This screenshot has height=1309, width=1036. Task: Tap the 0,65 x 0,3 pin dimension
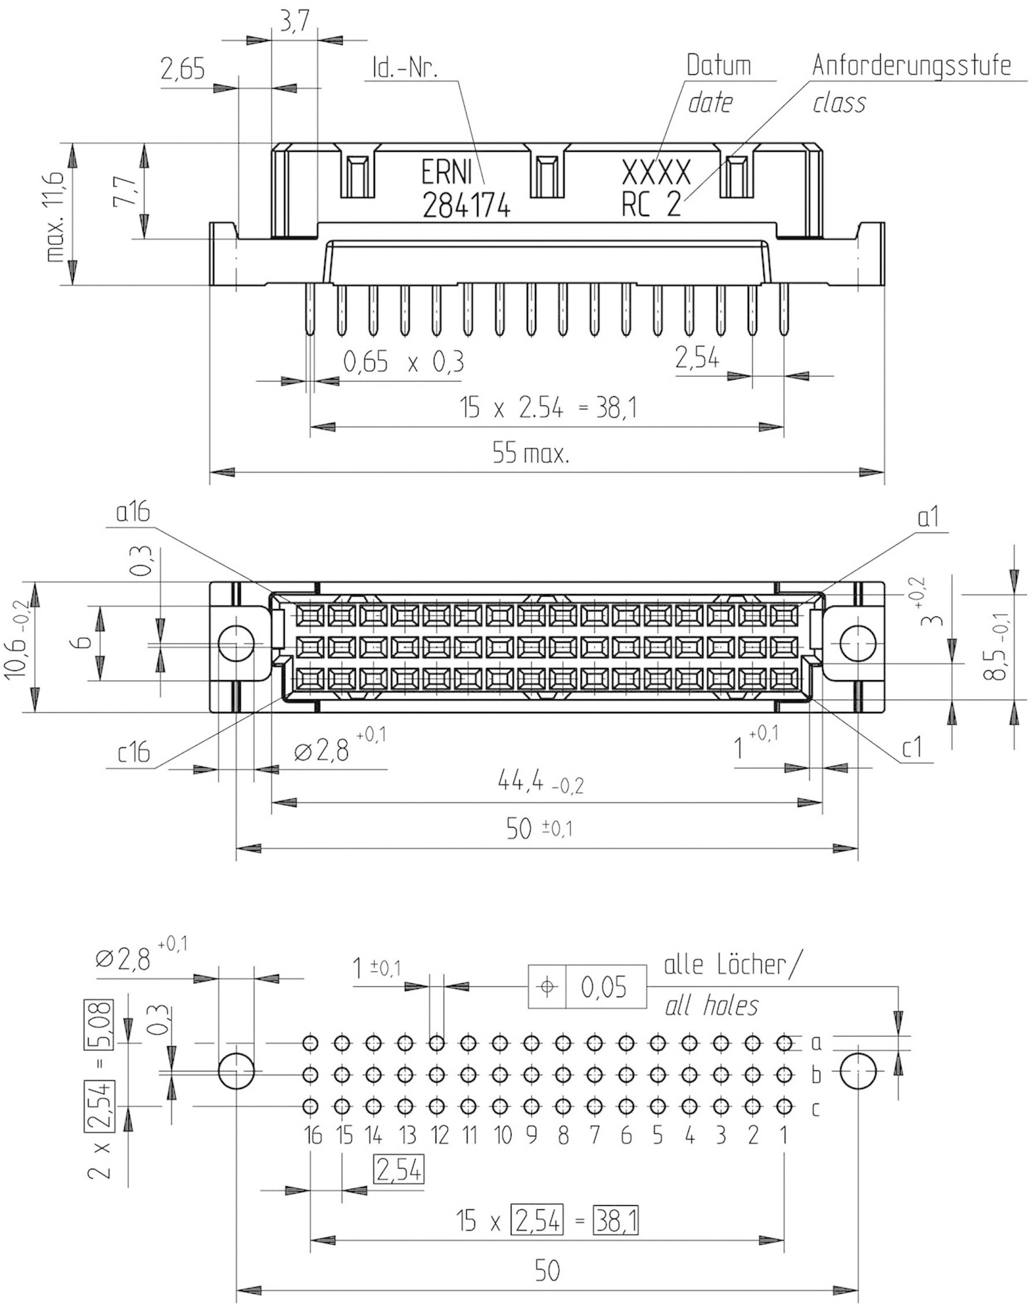403,363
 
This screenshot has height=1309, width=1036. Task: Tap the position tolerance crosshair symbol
547,987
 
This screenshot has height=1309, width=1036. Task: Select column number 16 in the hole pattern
313,1135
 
